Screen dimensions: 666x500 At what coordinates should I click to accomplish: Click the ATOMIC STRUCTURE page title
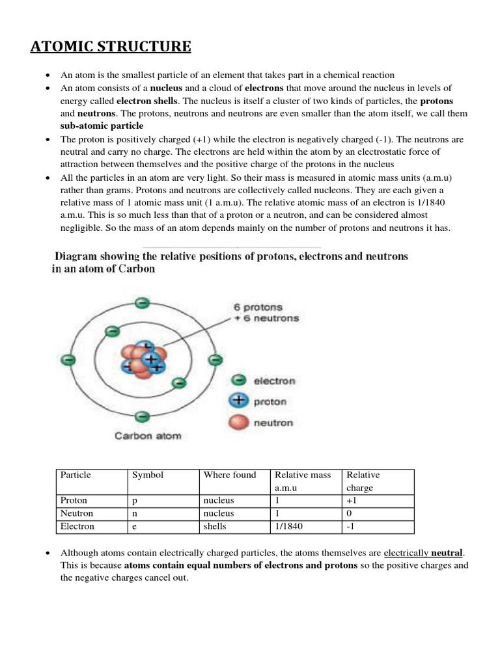(111, 47)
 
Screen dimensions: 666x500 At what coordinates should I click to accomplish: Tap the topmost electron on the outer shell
(142, 302)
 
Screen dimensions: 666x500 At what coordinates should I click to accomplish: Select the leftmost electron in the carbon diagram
(65, 358)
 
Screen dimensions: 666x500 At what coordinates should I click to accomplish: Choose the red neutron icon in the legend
(240, 423)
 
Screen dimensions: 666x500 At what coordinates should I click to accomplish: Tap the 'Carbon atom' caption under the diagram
(148, 436)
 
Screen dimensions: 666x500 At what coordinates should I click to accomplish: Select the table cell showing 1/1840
(290, 526)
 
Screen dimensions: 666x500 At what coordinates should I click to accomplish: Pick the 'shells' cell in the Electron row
(215, 526)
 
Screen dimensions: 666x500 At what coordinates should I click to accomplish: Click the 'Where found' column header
(230, 475)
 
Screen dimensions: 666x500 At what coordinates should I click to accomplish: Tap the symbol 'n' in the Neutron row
(134, 514)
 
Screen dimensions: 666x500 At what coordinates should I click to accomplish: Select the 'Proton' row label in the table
(74, 501)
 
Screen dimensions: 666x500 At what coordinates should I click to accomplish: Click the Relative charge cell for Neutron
(350, 514)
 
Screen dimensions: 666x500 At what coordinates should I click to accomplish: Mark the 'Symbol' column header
(148, 475)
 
